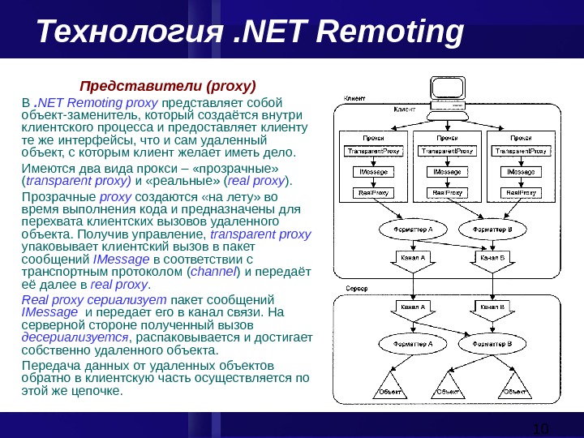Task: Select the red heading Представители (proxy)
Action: tap(166, 85)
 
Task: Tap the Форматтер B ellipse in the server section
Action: tap(492, 344)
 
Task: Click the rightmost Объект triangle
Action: tap(513, 387)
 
